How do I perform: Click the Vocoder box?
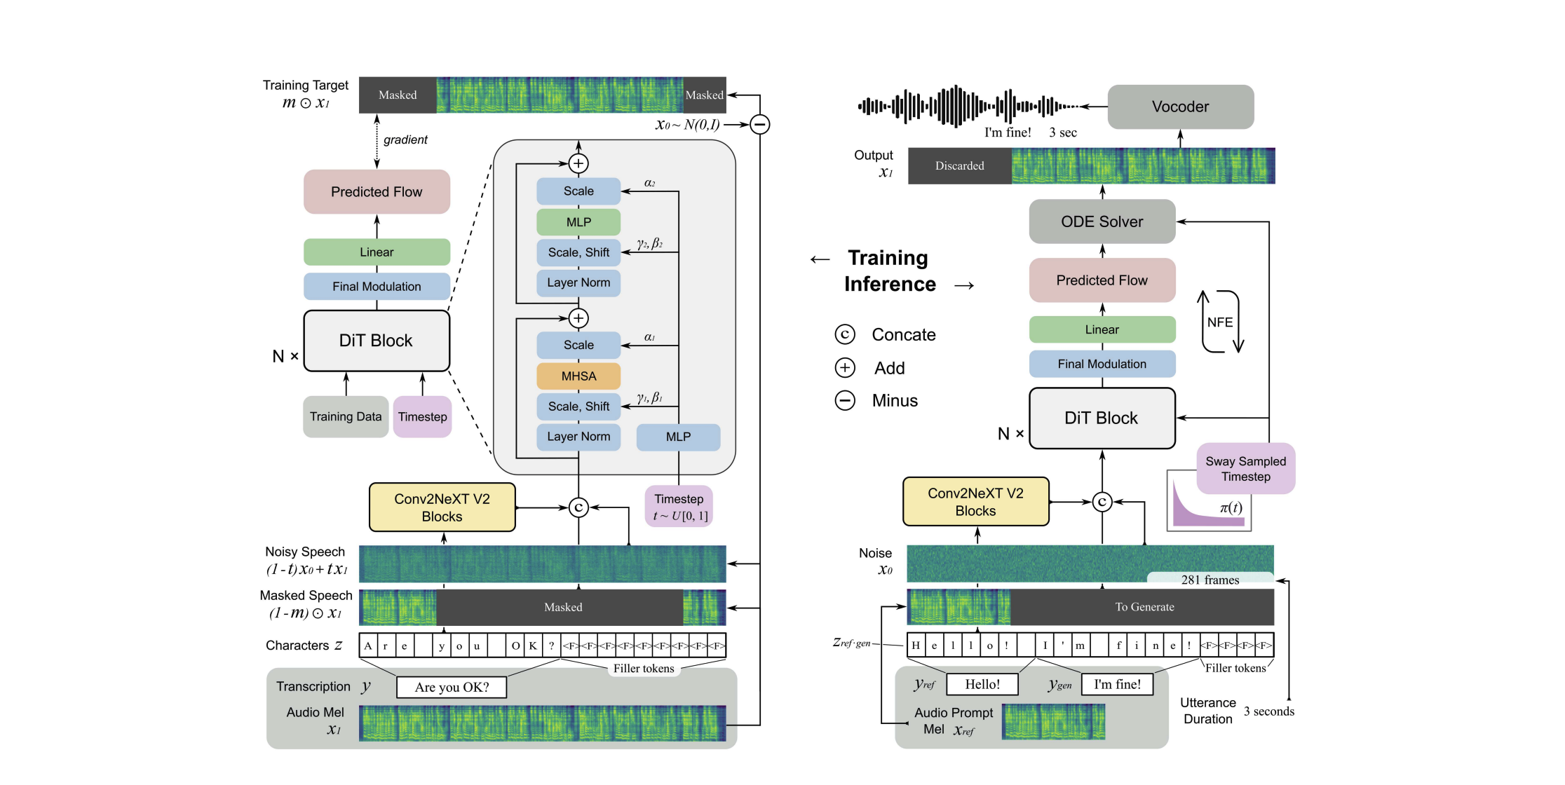click(1180, 107)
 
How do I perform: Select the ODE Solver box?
click(1102, 221)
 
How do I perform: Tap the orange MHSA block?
click(578, 376)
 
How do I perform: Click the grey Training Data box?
click(346, 416)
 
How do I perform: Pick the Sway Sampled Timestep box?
click(1245, 469)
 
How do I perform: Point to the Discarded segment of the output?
click(959, 166)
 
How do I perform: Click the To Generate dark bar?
click(1144, 607)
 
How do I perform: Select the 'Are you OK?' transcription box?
click(452, 687)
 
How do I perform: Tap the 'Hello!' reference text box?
click(982, 684)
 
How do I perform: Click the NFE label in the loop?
click(1219, 322)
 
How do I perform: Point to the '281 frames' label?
click(1210, 580)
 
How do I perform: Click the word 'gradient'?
click(405, 139)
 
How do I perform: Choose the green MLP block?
click(578, 222)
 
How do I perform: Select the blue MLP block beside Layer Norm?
click(678, 437)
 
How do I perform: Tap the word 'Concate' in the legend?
click(903, 335)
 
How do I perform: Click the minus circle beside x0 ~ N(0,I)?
click(759, 125)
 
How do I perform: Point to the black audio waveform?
click(968, 107)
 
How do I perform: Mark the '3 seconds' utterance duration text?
click(1268, 711)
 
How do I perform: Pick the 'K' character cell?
click(533, 646)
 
